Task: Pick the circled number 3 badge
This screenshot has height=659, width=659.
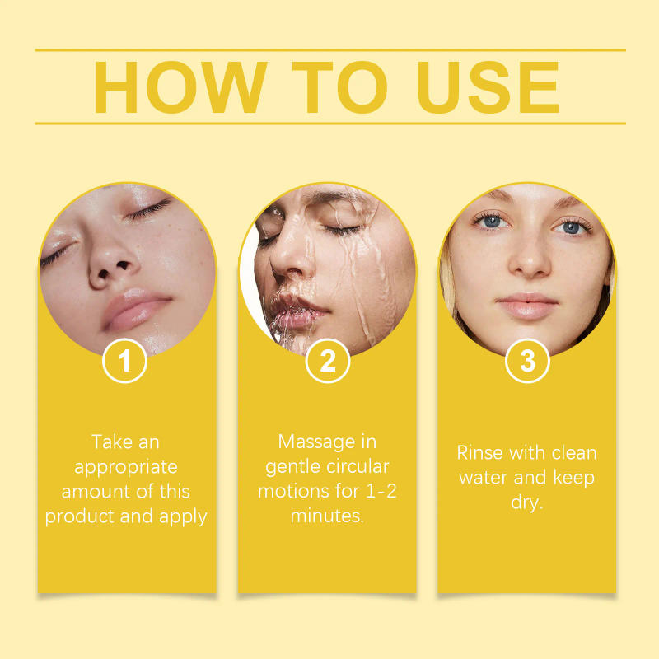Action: (527, 361)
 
